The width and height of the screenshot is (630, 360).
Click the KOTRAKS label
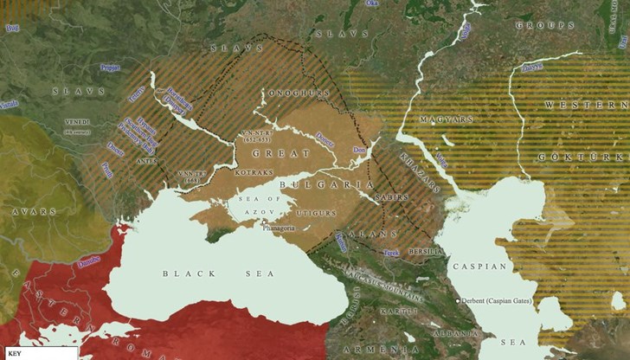229,173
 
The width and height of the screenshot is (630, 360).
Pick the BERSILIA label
427,252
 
